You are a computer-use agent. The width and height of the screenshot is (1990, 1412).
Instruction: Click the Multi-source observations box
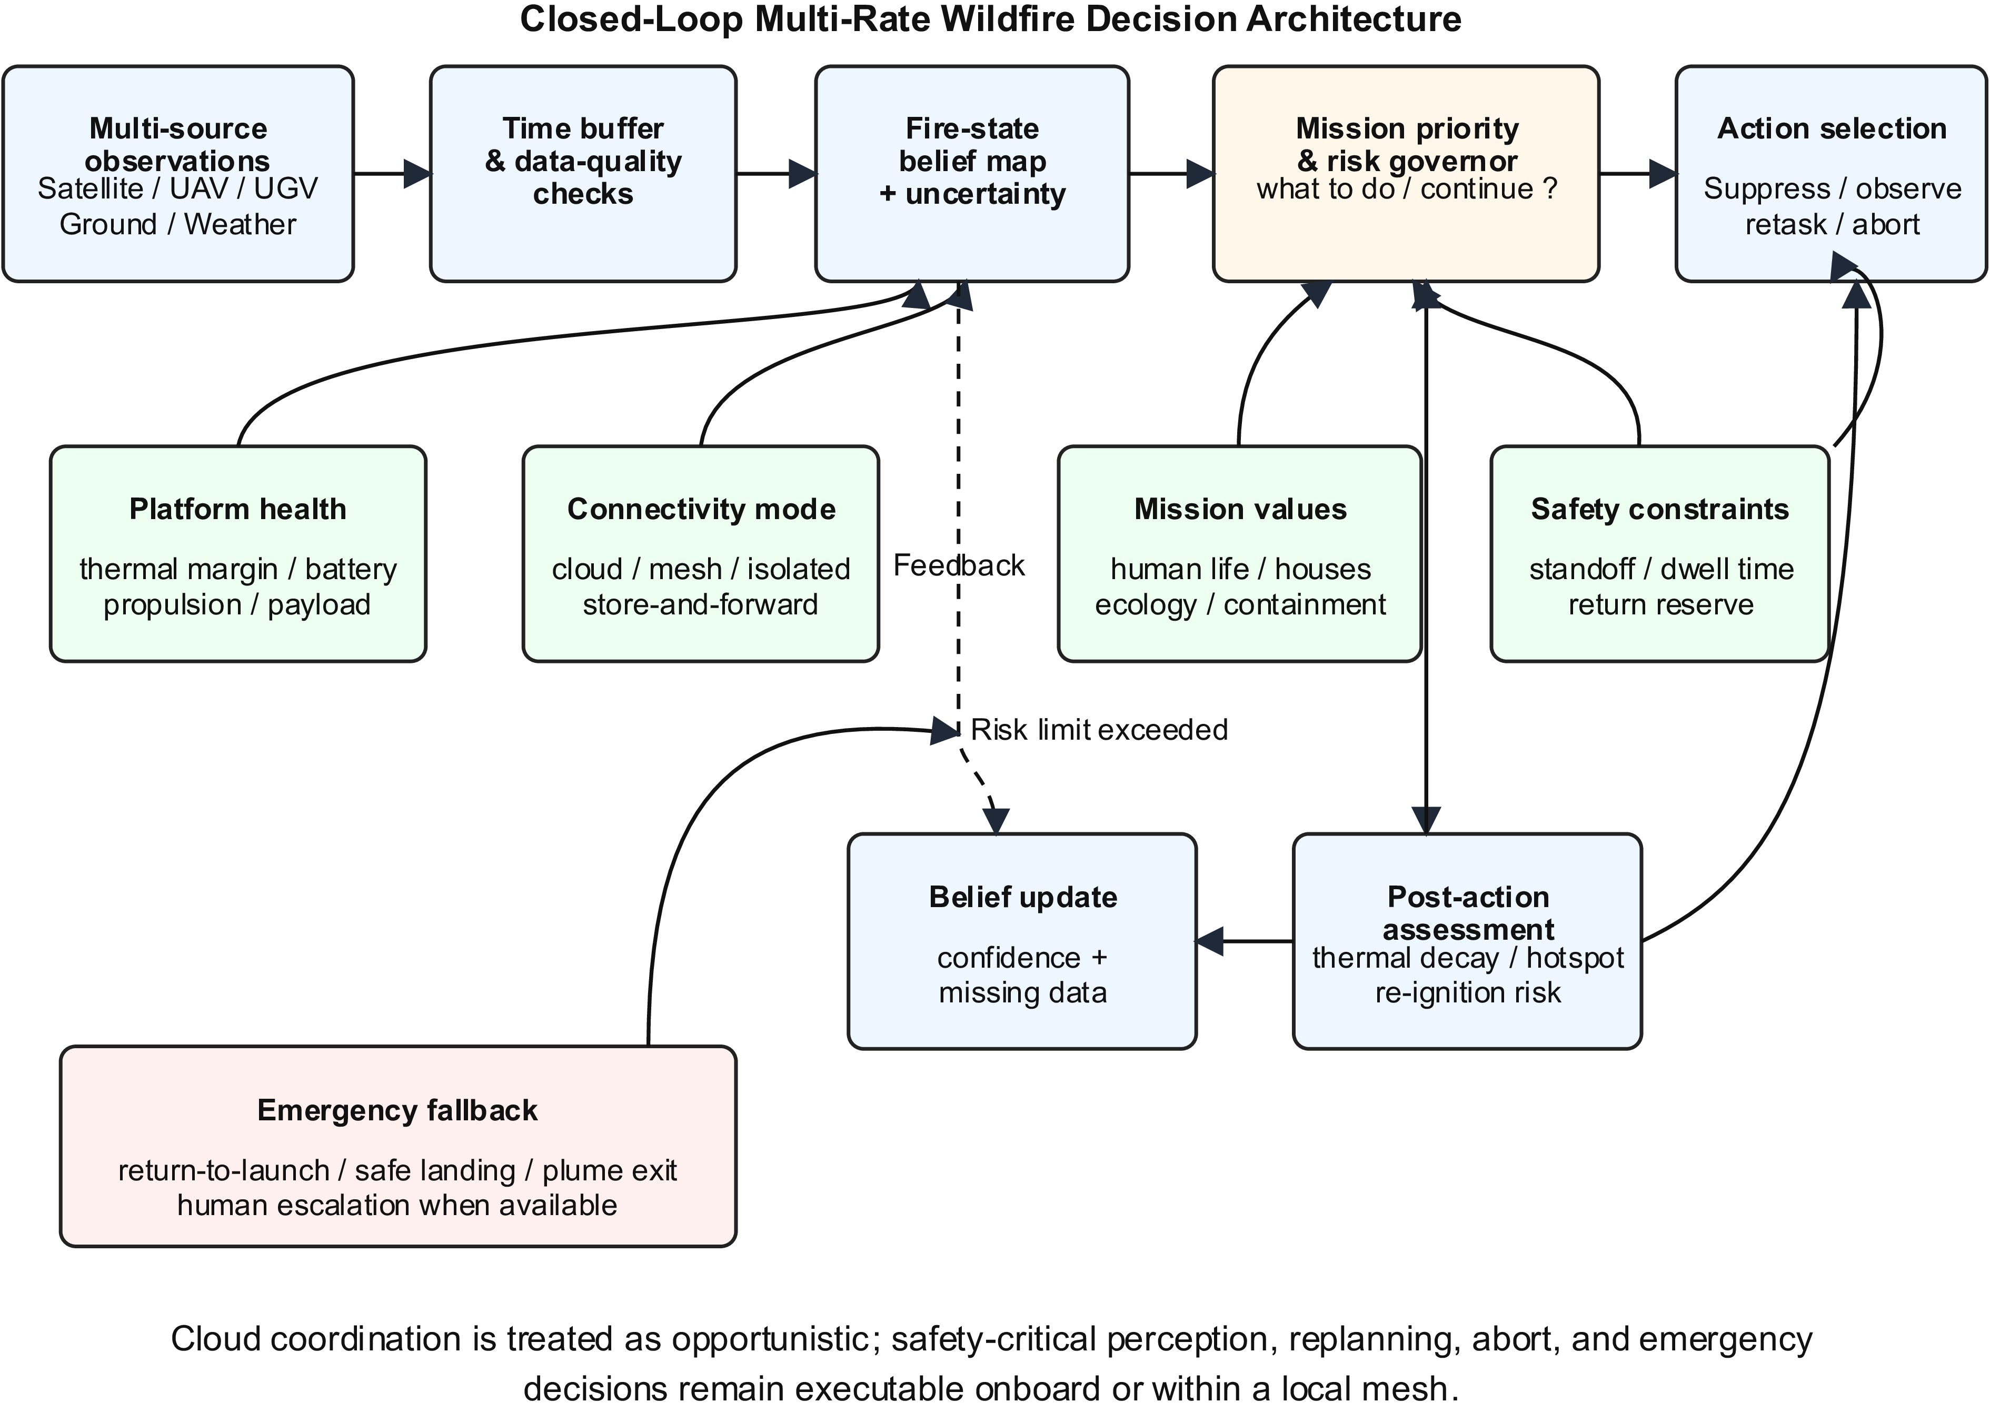(x=178, y=174)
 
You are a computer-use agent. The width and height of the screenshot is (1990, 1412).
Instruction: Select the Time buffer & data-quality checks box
(x=583, y=174)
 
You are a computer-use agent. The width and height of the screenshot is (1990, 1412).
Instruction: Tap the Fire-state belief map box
(x=972, y=174)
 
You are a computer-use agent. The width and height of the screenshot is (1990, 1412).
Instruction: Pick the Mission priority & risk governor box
(x=1406, y=174)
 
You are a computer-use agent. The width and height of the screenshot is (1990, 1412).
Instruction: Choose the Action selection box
(x=1832, y=174)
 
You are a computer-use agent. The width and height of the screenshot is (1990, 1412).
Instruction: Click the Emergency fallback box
(x=398, y=1146)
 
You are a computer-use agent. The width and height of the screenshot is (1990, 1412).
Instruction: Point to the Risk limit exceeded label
(x=1099, y=730)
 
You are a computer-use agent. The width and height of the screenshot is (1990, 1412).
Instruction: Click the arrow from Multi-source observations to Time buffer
(x=392, y=174)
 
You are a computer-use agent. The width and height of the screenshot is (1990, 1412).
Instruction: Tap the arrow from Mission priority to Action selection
(x=1638, y=174)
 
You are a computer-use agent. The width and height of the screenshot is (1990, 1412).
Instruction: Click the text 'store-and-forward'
(x=701, y=604)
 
